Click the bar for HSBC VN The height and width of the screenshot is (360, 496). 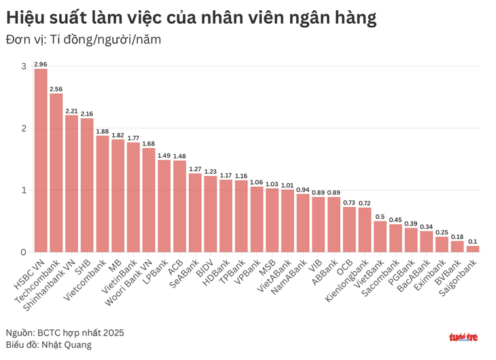(x=41, y=160)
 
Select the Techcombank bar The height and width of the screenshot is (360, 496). (x=56, y=173)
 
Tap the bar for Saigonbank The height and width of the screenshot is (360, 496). (x=473, y=249)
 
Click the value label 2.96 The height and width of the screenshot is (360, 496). (x=41, y=65)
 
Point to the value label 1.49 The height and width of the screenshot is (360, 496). (x=164, y=156)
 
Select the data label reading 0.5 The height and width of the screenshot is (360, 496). (x=380, y=217)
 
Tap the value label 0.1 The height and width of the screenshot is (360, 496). (x=473, y=241)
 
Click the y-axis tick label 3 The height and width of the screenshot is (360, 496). (x=24, y=67)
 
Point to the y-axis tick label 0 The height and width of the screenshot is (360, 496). (x=24, y=252)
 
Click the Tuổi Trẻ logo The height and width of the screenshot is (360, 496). (x=463, y=337)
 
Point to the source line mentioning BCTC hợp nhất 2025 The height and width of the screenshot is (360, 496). (x=65, y=332)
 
